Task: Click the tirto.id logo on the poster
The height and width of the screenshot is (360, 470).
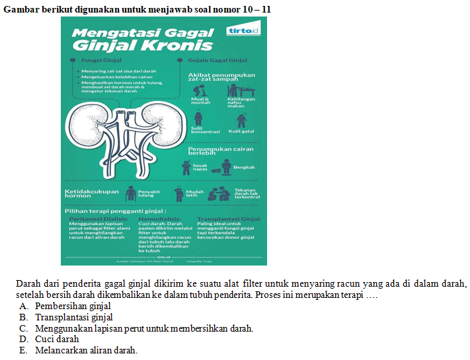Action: [243, 31]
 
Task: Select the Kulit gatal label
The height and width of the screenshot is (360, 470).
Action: [241, 131]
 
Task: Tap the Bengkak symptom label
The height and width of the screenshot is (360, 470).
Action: [244, 167]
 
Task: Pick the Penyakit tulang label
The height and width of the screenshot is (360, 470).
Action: [149, 194]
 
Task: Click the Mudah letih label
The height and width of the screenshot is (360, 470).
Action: [192, 194]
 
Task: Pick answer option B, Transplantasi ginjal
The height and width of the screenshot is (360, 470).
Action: [74, 317]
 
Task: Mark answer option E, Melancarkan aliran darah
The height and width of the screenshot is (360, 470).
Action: [86, 350]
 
